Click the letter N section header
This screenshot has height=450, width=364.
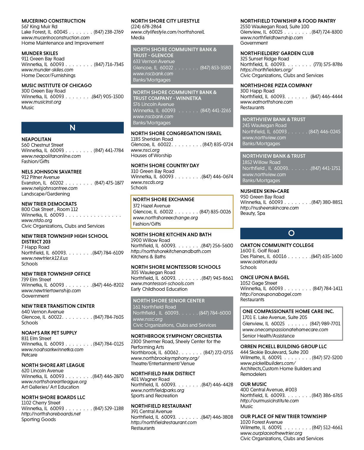(73, 128)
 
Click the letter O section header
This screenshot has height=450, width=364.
(291, 233)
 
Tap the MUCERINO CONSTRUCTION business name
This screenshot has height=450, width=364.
(54, 21)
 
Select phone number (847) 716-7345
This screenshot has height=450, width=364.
(109, 64)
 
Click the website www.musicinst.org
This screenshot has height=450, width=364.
(41, 102)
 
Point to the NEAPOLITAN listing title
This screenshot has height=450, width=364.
(36, 139)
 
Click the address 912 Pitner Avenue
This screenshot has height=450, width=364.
(40, 177)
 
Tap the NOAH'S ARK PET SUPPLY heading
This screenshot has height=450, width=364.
(49, 333)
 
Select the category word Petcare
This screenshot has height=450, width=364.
(29, 355)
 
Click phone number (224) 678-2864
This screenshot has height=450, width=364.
(146, 26)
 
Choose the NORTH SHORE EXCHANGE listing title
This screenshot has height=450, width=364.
(164, 199)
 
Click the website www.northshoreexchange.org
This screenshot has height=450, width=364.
(165, 218)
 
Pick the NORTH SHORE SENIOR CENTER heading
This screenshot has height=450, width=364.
(169, 301)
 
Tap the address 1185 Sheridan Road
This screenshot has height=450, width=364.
(152, 139)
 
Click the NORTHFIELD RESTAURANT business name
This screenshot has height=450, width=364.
(161, 406)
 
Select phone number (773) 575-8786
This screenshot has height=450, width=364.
(328, 64)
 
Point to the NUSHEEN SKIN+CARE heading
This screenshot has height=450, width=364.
(265, 191)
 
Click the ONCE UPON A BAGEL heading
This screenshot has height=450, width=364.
(265, 277)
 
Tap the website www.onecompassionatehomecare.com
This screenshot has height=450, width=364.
(285, 329)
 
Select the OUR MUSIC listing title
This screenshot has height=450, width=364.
(253, 384)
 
